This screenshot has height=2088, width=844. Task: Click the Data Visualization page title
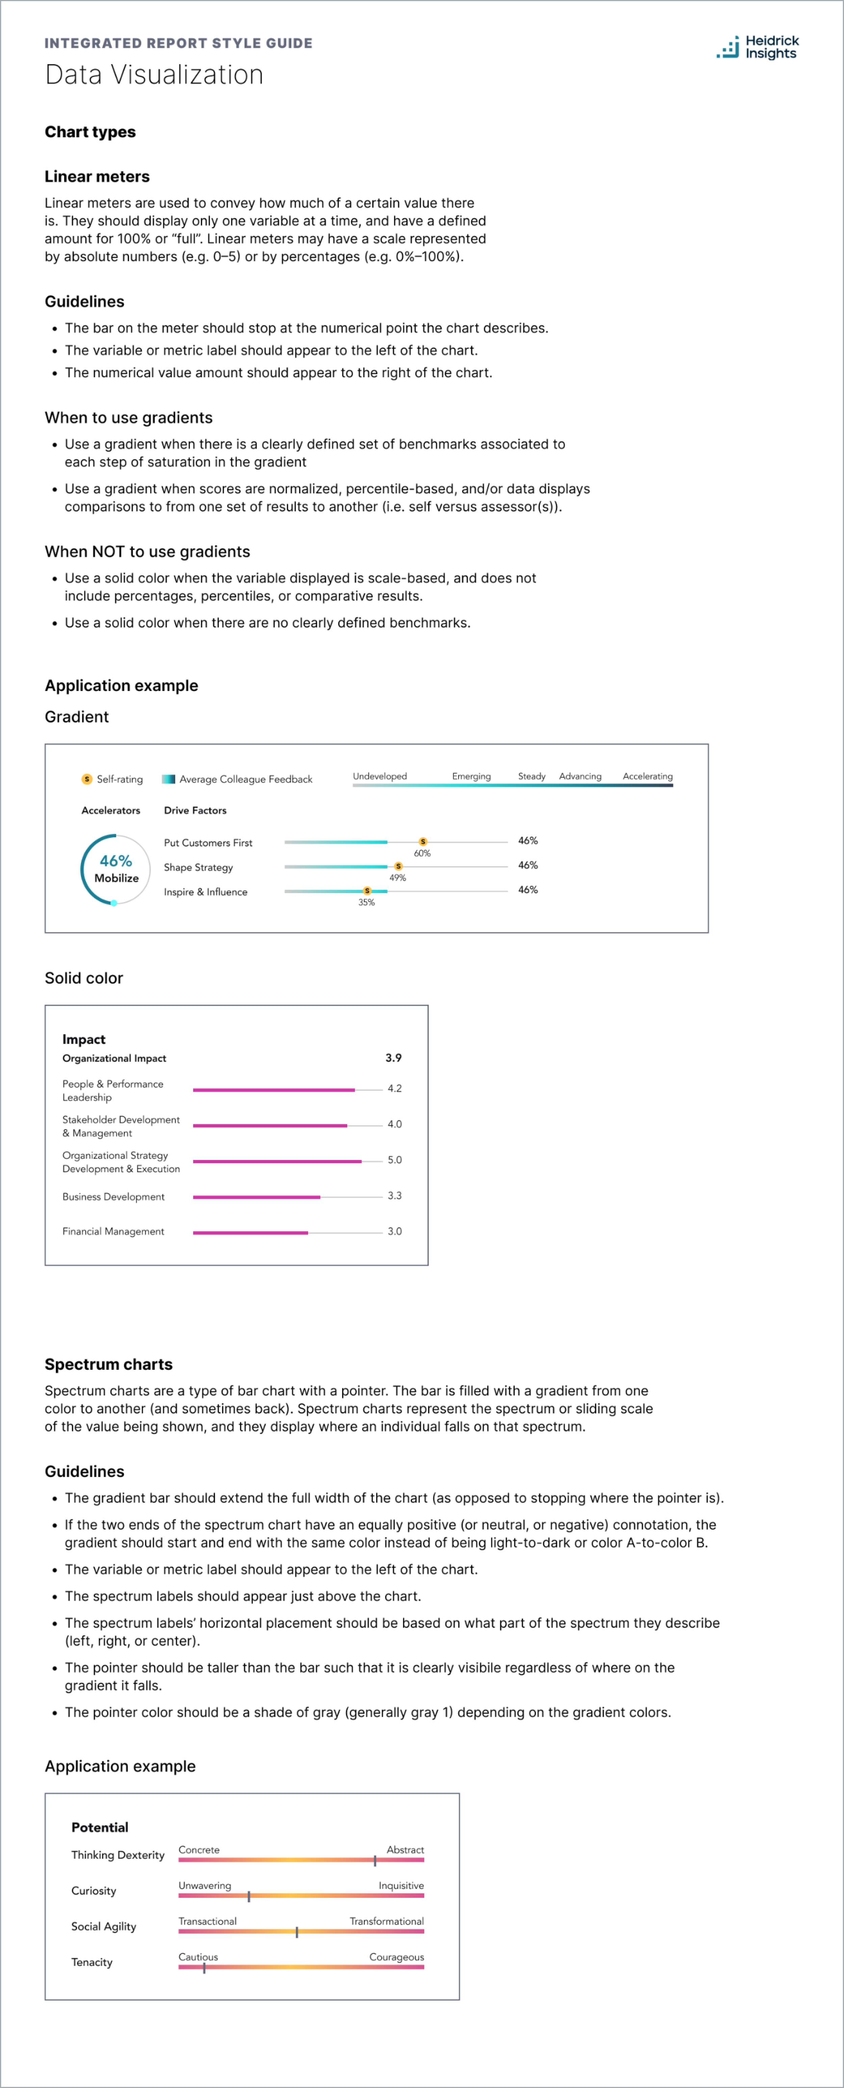(154, 75)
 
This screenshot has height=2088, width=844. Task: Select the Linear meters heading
(97, 177)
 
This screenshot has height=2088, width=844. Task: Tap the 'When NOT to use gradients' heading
(148, 551)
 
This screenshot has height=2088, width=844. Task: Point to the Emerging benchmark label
(471, 776)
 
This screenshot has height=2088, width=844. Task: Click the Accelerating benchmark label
(647, 776)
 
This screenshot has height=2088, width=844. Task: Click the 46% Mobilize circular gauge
(115, 869)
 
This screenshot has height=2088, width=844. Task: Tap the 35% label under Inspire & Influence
(366, 902)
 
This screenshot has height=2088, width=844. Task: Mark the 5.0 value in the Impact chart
(394, 1160)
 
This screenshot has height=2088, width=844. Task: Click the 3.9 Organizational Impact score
(393, 1058)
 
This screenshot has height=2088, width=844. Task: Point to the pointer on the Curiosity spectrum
(249, 1896)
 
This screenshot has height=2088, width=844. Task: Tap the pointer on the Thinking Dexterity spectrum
(375, 1860)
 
